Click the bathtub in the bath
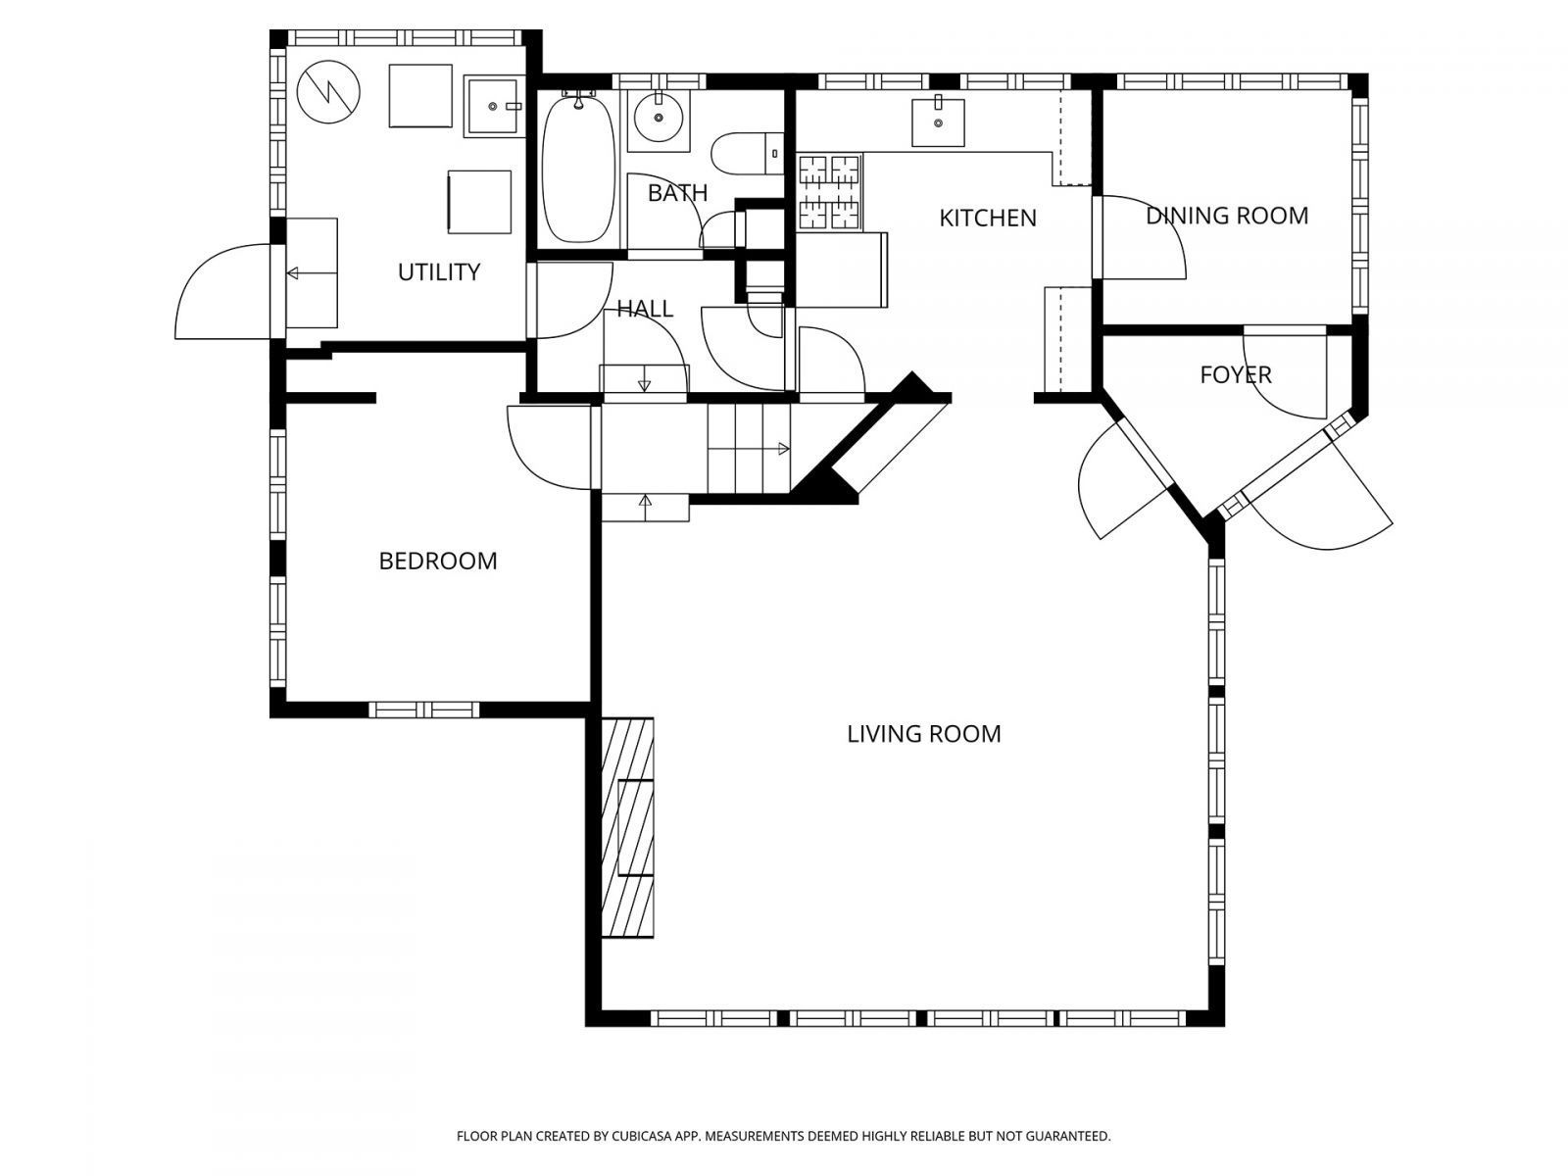coord(578,169)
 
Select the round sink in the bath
coord(658,121)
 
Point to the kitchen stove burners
coord(829,191)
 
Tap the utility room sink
coord(494,106)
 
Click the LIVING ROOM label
coord(923,734)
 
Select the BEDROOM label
coord(437,561)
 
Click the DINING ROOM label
coord(1227,216)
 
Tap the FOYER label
coord(1235,374)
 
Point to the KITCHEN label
coord(987,218)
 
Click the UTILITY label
coord(438,271)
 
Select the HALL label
coord(644,310)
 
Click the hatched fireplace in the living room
coord(627,828)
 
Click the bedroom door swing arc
coord(544,446)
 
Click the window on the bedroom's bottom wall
coord(423,710)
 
